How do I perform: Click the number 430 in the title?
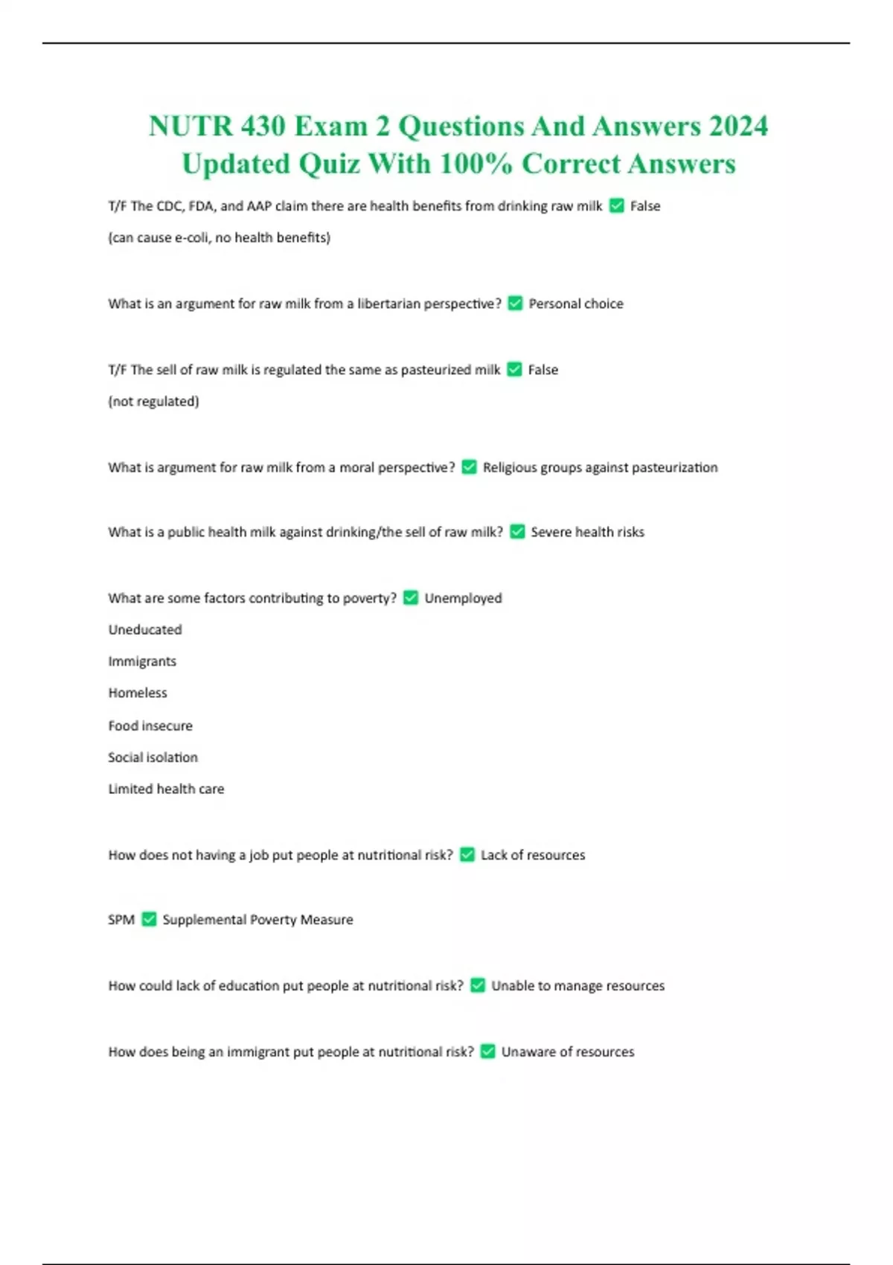263,126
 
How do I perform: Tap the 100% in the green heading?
476,164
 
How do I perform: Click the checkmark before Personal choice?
515,304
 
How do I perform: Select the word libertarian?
388,304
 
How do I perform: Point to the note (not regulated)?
154,402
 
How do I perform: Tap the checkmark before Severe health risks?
517,532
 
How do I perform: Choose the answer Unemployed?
463,598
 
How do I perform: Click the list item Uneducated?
145,630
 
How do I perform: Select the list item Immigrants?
142,662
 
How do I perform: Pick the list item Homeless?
138,693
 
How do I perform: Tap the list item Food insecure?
150,726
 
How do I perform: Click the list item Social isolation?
153,758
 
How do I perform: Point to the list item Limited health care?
166,789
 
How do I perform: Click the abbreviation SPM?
121,920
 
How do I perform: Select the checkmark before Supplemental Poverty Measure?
149,920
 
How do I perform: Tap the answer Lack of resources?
533,855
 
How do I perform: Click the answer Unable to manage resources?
578,986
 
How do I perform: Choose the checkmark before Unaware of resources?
487,1051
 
